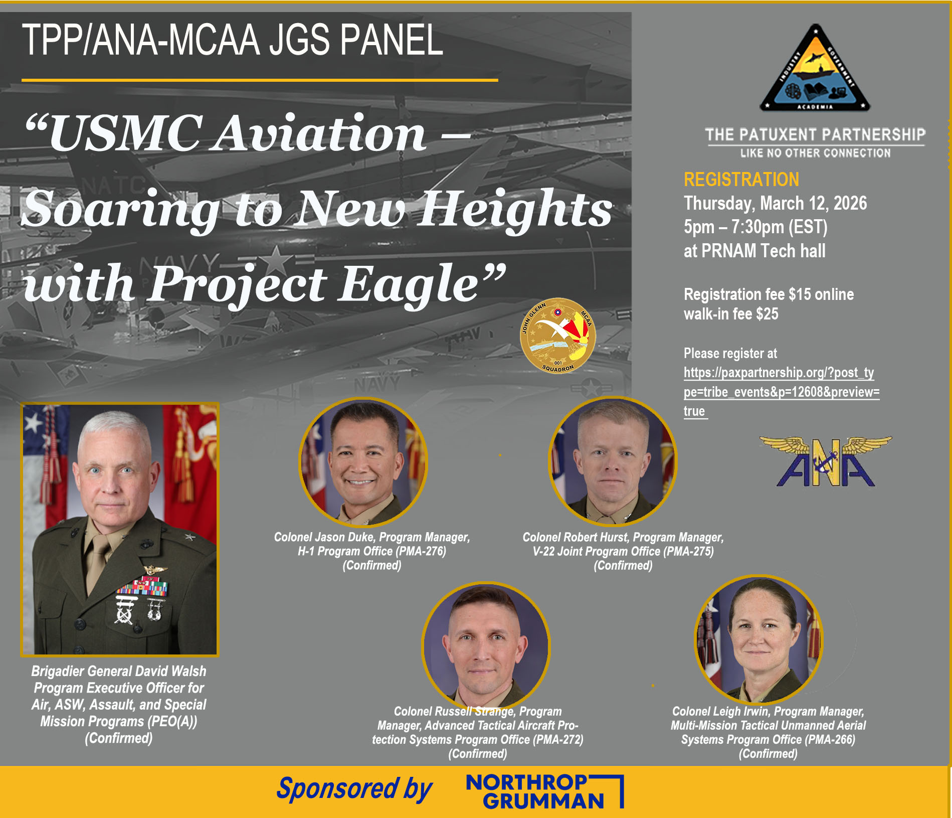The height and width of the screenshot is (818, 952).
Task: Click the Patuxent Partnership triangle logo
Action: (815, 69)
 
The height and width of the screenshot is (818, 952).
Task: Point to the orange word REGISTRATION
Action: (741, 180)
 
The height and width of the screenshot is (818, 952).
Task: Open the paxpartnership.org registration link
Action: (782, 392)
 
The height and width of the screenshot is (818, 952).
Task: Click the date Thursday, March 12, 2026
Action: (776, 203)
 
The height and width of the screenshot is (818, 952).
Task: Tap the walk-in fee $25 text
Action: (731, 314)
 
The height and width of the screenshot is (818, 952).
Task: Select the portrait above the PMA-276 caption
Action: (363, 462)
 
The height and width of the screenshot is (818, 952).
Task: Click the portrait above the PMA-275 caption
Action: (613, 461)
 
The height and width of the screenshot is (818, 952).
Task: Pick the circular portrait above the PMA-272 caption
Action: (486, 646)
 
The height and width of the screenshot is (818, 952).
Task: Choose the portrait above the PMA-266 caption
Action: (758, 639)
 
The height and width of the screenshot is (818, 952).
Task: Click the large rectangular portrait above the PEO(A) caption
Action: (120, 530)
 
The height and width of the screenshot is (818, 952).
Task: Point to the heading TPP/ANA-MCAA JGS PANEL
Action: (233, 40)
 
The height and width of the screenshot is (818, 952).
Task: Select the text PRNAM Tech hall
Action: (763, 251)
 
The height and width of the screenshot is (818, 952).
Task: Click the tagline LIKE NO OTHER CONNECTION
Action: (815, 153)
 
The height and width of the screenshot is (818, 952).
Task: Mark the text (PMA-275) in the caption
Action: (689, 551)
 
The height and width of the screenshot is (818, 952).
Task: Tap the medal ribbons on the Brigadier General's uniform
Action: (142, 587)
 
